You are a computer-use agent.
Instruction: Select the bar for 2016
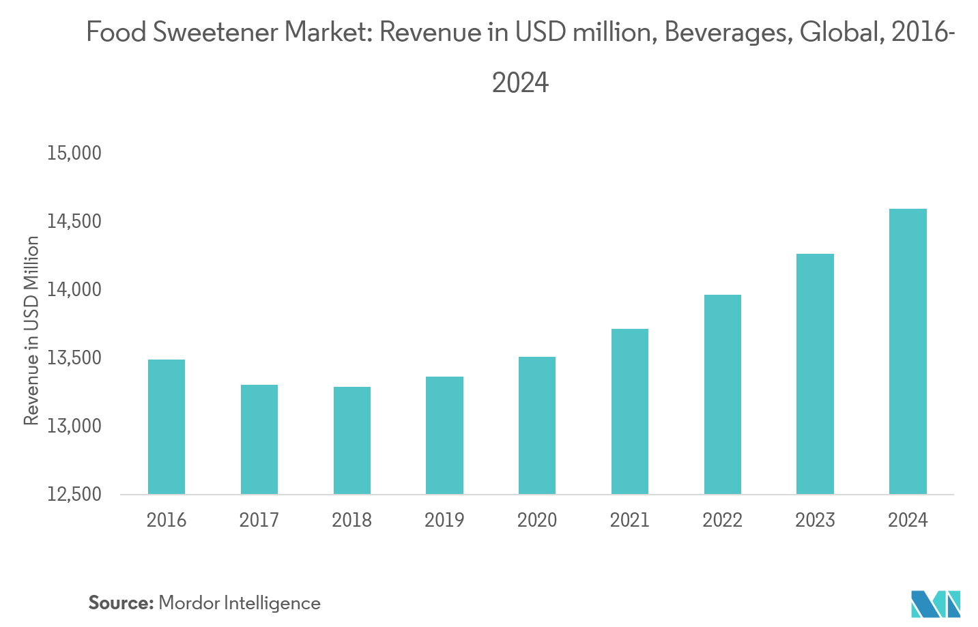(167, 426)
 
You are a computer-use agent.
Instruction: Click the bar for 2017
(259, 439)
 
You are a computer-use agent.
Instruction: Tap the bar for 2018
(352, 440)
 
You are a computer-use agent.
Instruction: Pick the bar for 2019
(444, 435)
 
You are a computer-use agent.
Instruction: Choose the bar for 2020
(537, 425)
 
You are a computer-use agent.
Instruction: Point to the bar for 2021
(630, 411)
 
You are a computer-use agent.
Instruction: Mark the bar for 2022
(723, 394)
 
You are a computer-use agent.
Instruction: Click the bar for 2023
(815, 374)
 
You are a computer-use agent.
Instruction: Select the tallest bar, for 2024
(908, 351)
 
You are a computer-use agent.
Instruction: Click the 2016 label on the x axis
(167, 520)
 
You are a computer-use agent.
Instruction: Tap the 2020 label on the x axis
(537, 520)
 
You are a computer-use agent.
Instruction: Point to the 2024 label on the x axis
(908, 520)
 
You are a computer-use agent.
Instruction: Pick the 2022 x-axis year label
(723, 520)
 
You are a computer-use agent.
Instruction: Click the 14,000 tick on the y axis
(74, 290)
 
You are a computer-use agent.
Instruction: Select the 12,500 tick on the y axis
(74, 494)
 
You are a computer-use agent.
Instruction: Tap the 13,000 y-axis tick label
(74, 426)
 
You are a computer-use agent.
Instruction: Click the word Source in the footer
(120, 603)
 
